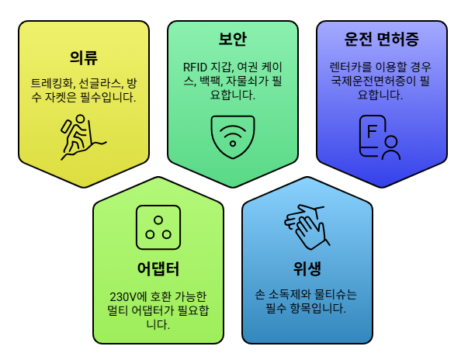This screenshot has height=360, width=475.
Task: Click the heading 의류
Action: [x=84, y=57]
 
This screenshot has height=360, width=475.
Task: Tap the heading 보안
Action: [x=233, y=40]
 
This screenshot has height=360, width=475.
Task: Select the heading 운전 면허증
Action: [x=382, y=40]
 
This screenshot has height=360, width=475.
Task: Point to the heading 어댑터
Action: [x=158, y=269]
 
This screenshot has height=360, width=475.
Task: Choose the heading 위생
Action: [x=307, y=269]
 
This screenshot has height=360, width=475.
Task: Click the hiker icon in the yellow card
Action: [x=81, y=137]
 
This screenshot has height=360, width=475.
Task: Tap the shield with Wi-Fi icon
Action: [x=233, y=137]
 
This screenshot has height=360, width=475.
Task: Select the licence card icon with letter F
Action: [x=380, y=137]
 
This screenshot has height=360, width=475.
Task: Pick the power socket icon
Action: [x=158, y=224]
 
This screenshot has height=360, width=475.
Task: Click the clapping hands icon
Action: [x=307, y=227]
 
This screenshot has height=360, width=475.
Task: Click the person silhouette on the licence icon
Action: [x=391, y=147]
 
